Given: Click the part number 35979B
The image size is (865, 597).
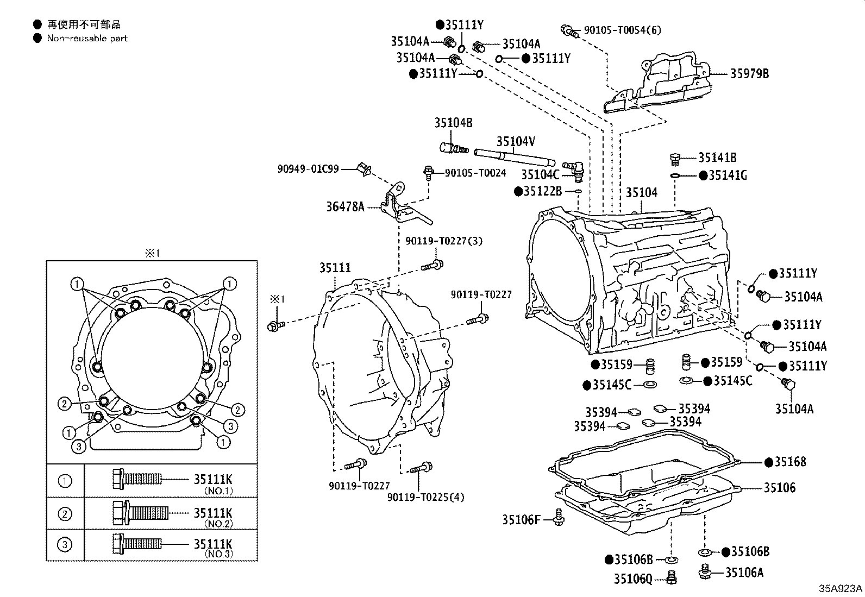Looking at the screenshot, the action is coord(749,73).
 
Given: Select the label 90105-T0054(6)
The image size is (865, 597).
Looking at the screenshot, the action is coord(623,30).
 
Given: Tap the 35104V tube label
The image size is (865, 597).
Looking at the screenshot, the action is coord(516,141).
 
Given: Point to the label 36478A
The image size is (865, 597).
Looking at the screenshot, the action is coord(345,206).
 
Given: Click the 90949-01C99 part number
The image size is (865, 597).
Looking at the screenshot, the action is coord(308,169).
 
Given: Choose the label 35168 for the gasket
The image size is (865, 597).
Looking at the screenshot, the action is coord(790,461).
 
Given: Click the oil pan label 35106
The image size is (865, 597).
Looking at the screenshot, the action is coord(780,488).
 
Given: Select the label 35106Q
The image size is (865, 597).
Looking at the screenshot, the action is coord(633,579).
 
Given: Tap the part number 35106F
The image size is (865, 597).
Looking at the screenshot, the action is coord(521,520).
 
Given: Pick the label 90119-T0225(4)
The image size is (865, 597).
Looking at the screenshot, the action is coord(425,497).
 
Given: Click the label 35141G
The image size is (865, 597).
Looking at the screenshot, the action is coord(728,175).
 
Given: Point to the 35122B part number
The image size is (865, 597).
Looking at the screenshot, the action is coord(543,191).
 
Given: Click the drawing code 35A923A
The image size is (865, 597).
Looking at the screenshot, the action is coord(841,588).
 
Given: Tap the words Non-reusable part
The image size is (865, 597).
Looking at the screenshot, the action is coord(87,38).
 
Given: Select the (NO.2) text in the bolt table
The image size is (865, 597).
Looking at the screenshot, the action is coord(218,524).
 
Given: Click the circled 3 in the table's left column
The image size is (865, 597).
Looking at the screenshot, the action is coord(65,544).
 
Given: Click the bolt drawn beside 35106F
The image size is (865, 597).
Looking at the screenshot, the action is coord(559,517).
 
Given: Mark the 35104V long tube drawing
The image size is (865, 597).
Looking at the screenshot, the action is coord(515,158).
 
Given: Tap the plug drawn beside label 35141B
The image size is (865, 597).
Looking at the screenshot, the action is coord(675,159).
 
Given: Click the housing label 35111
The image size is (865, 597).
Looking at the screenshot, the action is coord(335,267).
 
